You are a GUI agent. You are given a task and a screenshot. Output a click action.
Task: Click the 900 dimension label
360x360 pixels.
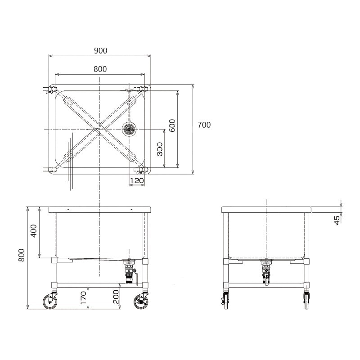click(100, 51)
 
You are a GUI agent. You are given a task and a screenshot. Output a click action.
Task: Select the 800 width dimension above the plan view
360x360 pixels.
click(100, 69)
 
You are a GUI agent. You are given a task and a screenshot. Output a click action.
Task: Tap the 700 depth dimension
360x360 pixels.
click(204, 125)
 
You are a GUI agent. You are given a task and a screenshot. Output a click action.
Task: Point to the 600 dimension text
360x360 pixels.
click(172, 126)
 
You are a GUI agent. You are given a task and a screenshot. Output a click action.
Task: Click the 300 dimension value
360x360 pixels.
click(160, 149)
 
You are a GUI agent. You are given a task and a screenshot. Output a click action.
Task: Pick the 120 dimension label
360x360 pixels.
click(137, 181)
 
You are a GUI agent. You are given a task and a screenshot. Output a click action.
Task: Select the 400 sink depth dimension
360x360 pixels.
click(33, 231)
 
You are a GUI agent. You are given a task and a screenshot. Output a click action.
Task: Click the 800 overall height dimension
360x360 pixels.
click(21, 255)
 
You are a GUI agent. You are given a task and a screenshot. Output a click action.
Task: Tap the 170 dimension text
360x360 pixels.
click(84, 297)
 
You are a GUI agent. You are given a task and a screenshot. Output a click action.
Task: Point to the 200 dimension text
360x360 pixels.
click(116, 297)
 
